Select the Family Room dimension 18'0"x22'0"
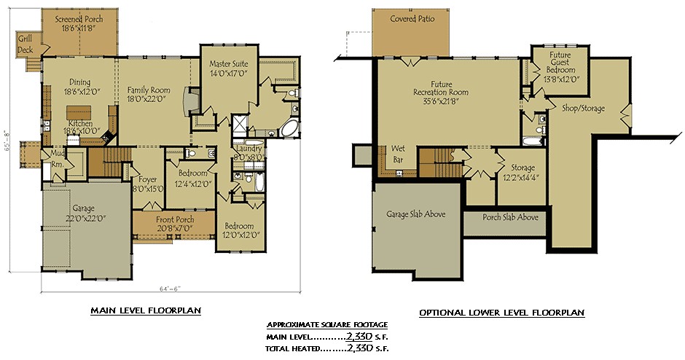[x=149, y=100]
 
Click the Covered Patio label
[x=412, y=19]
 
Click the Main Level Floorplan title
[x=146, y=310]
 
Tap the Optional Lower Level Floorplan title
[x=501, y=313]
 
